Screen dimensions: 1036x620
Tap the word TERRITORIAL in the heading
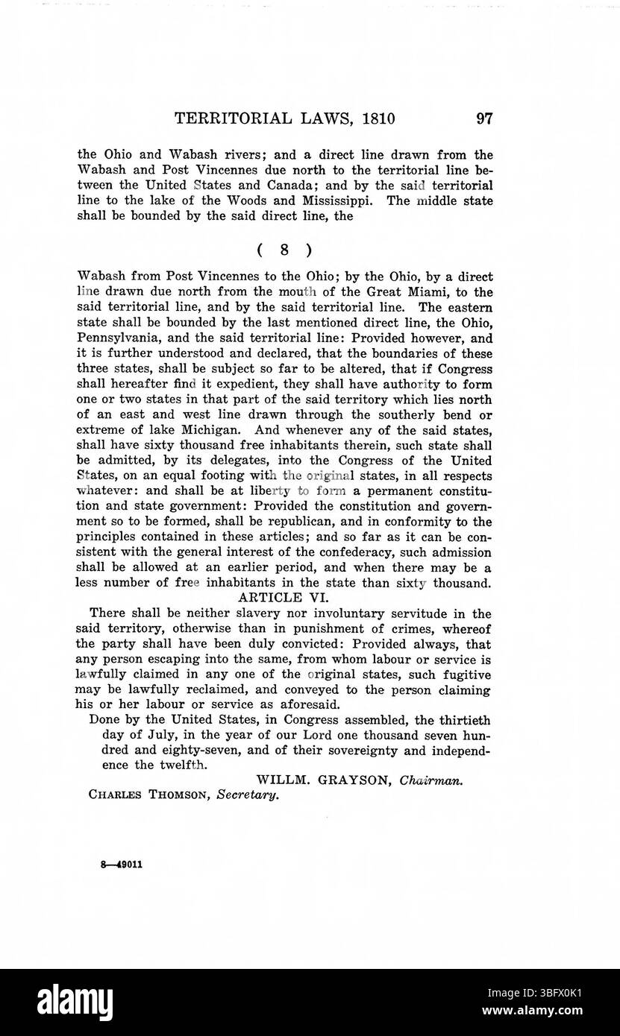coord(225,119)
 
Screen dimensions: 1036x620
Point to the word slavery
coord(232,614)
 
